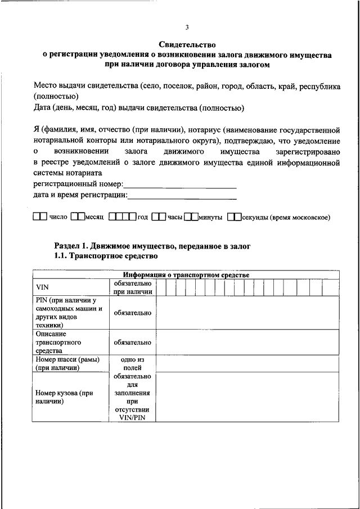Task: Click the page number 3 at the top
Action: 187,28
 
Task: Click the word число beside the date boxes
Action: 58,217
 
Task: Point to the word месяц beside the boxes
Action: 95,217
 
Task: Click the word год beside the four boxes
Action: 142,217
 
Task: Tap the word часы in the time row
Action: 175,217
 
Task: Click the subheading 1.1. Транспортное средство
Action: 106,255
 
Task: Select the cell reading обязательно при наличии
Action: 132,288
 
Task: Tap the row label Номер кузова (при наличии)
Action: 64,398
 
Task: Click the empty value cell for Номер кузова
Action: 247,397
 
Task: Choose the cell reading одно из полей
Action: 132,363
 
